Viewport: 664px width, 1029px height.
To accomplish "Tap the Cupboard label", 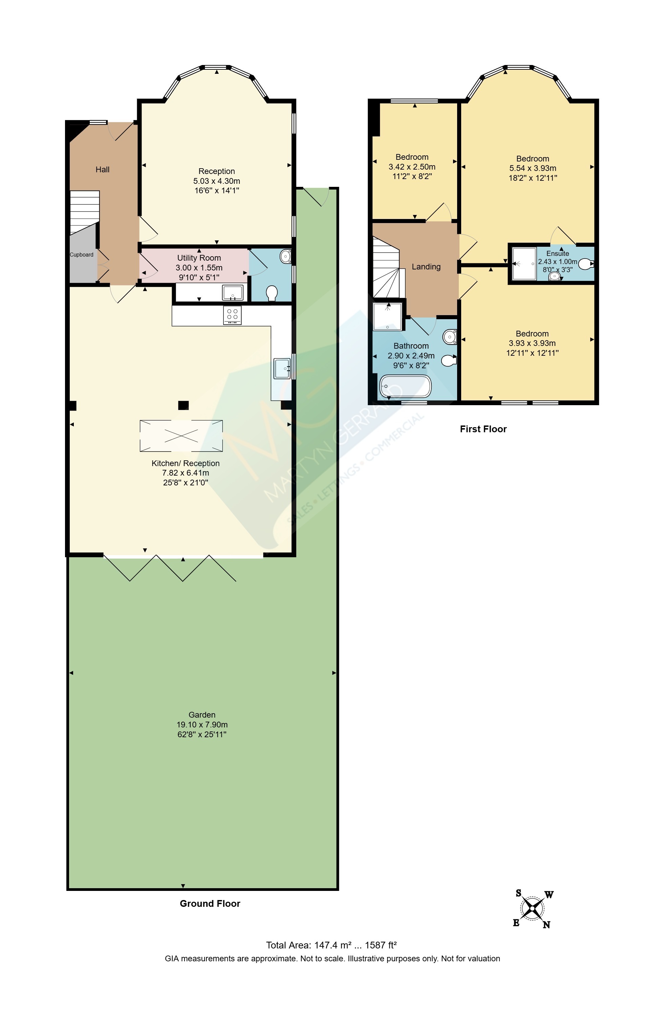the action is pos(82,255).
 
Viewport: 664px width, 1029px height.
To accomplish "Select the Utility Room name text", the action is pos(199,258).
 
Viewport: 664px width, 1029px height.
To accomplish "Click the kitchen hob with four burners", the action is pos(232,315).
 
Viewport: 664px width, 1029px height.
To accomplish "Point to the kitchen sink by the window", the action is pos(282,368).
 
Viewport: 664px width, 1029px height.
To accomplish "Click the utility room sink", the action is pos(233,292).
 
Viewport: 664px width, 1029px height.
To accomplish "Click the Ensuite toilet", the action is pos(585,264).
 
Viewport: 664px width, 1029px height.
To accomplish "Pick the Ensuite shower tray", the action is pos(524,263).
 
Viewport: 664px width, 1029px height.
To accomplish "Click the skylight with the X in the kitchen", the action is pos(181,436).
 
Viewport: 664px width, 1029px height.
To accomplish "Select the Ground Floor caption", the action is pos(210,904).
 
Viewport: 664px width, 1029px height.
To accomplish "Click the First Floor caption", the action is pos(483,429).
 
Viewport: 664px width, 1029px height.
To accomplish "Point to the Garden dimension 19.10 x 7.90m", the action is pos(202,724).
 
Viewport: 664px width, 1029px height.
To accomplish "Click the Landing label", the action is pos(426,267).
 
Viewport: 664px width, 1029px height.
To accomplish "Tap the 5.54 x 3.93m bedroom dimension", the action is pos(533,168).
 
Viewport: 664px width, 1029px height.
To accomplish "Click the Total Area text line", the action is pos(331,945).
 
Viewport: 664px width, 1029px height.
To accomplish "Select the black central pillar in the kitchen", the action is pos(184,405).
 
